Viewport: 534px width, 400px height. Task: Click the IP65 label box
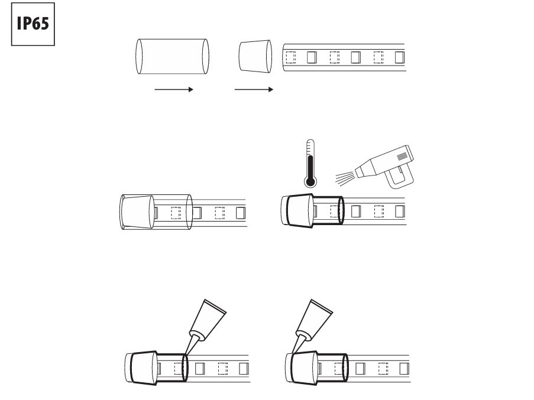(33, 24)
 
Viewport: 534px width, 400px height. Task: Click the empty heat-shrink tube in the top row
(172, 57)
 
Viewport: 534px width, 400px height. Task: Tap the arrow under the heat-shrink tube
(174, 89)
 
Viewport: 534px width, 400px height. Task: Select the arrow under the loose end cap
(254, 89)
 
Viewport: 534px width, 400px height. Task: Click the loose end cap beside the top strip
(255, 57)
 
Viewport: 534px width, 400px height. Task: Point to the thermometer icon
(310, 163)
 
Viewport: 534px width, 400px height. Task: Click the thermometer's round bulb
(310, 181)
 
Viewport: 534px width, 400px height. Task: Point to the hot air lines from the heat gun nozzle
(345, 178)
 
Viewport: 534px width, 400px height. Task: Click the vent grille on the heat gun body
(402, 156)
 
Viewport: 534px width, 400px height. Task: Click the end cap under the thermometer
(297, 211)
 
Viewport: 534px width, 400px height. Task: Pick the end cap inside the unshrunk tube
(137, 212)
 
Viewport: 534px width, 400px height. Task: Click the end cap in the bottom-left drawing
(141, 368)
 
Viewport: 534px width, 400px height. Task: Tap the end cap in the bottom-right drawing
(301, 368)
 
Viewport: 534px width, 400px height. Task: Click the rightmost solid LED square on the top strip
(400, 57)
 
